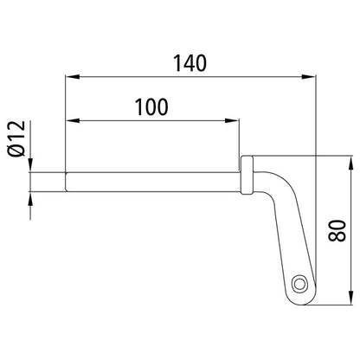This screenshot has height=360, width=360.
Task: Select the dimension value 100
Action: click(x=152, y=106)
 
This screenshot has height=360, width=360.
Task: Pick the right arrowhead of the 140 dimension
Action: click(x=309, y=77)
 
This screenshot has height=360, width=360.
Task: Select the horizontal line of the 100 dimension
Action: click(x=152, y=120)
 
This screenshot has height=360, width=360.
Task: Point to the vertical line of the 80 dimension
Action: click(x=350, y=260)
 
